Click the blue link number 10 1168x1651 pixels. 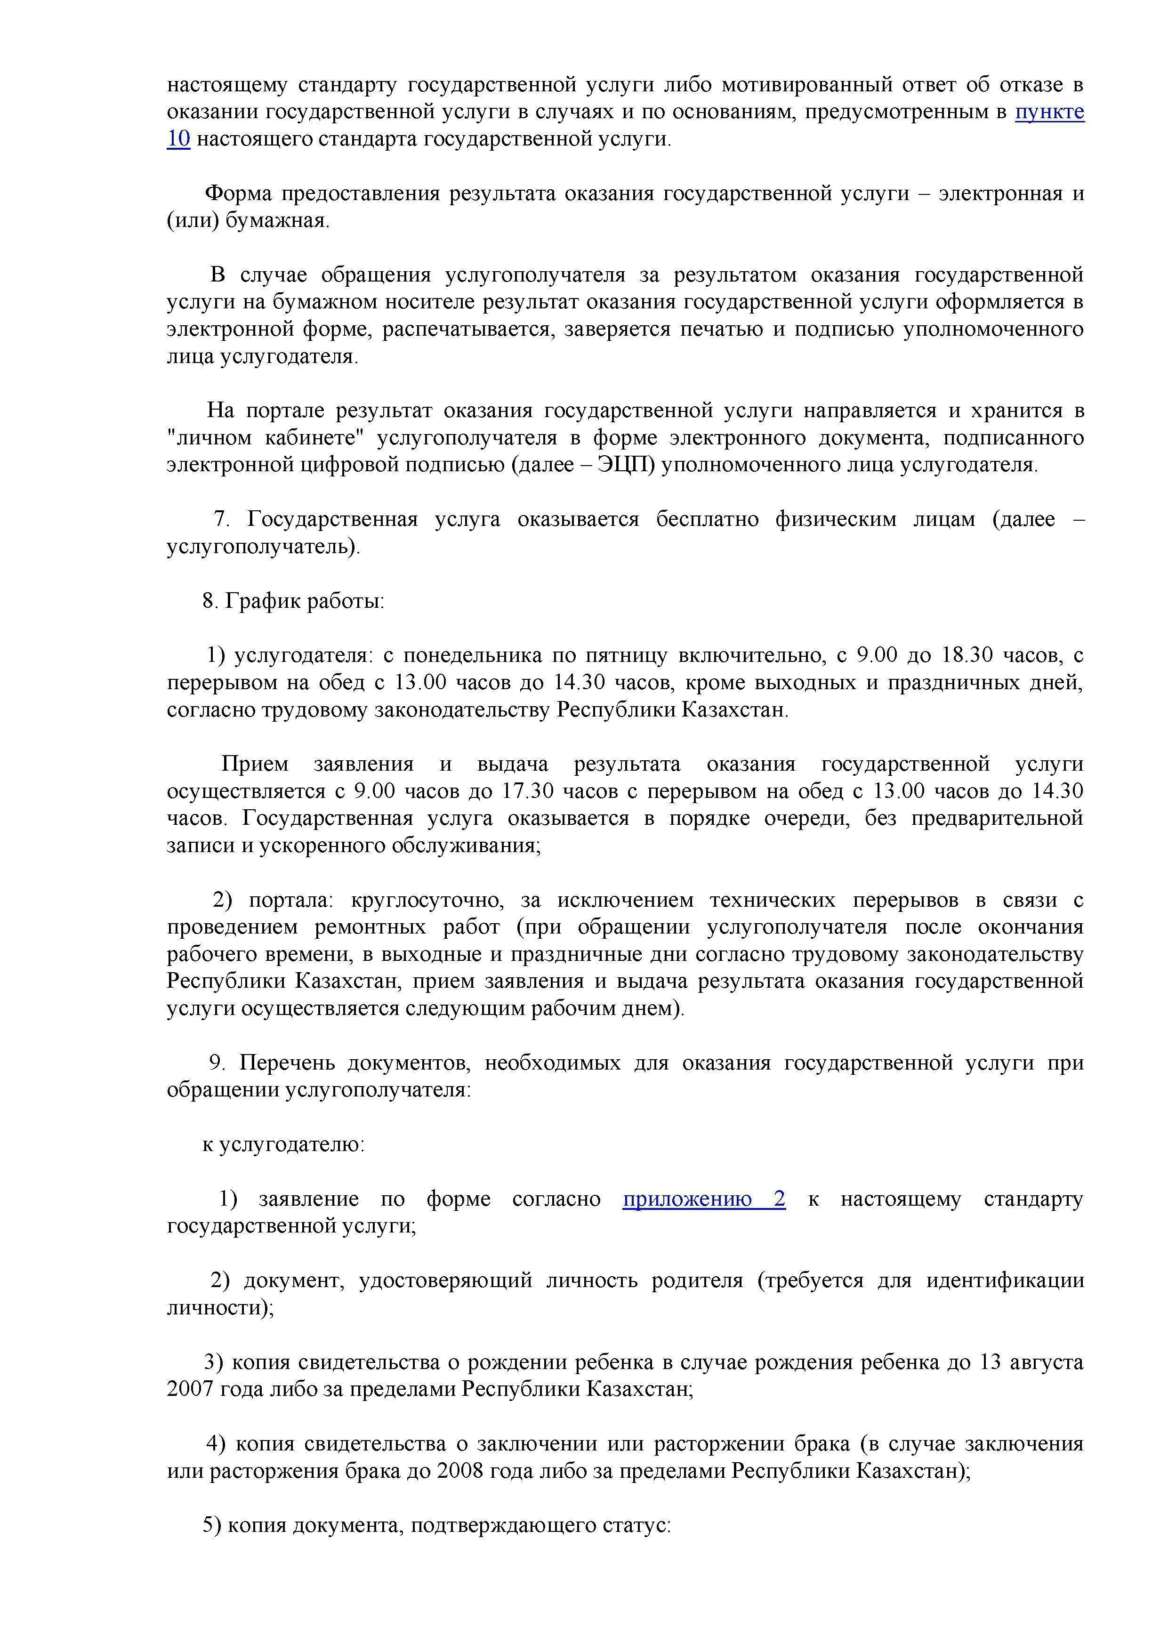point(178,139)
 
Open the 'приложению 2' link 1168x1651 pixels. point(703,1199)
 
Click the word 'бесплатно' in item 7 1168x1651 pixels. point(707,519)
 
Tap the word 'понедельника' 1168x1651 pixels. point(473,655)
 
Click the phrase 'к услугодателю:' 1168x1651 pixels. point(283,1144)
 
